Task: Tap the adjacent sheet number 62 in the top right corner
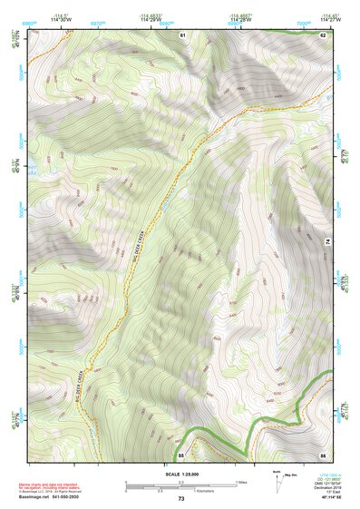point(322,34)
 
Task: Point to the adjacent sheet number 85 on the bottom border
point(181,453)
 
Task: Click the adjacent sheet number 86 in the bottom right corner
point(322,453)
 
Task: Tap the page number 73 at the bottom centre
point(181,499)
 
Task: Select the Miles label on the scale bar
point(242,482)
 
